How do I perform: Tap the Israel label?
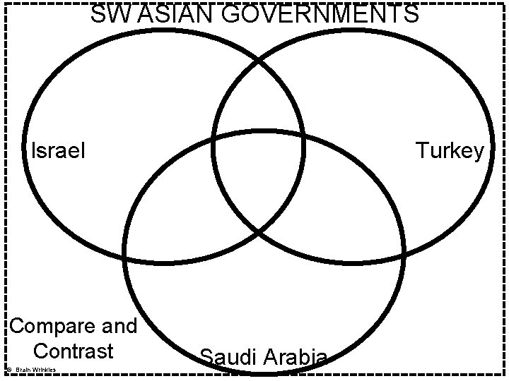[x=58, y=150]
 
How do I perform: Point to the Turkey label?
[x=450, y=150]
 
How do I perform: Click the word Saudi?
[x=229, y=357]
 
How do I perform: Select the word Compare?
[x=53, y=326]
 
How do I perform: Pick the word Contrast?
[x=73, y=350]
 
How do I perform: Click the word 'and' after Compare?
[x=119, y=326]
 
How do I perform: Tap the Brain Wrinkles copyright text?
[x=34, y=370]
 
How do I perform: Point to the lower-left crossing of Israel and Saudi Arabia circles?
[x=127, y=258]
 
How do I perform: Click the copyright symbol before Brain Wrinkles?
[x=6, y=370]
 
